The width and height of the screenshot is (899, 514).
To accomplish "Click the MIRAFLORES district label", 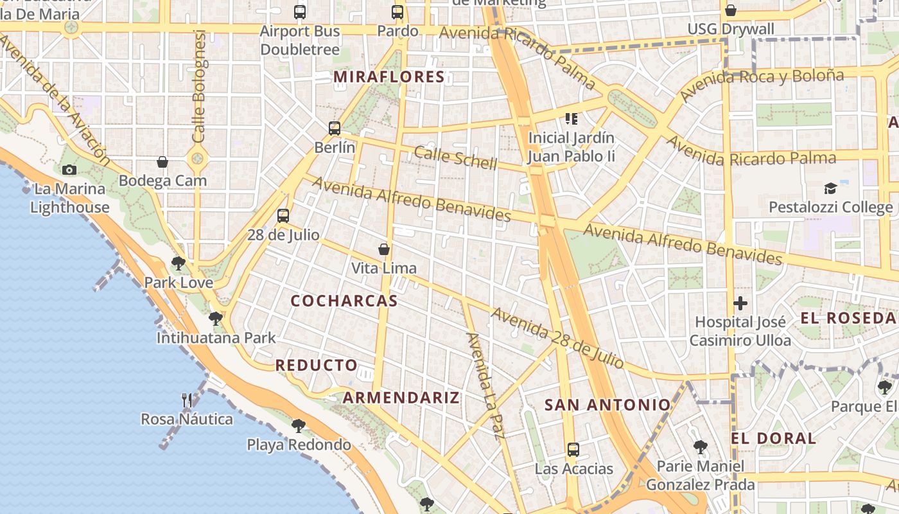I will [x=389, y=77].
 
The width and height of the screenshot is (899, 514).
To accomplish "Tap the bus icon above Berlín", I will [x=335, y=128].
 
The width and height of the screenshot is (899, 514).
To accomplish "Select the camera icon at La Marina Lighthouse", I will [x=69, y=170].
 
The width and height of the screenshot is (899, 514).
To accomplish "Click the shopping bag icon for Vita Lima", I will [x=384, y=249].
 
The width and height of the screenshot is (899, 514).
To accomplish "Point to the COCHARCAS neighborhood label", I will [x=344, y=301].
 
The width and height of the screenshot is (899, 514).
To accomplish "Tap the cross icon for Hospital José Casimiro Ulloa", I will [x=740, y=303].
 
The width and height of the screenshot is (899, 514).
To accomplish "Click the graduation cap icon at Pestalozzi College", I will [x=830, y=188].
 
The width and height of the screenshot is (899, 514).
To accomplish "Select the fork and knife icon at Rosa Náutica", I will [x=187, y=400].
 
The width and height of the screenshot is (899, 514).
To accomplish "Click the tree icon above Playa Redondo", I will [x=298, y=425].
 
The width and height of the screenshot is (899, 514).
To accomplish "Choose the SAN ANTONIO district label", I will [x=607, y=405].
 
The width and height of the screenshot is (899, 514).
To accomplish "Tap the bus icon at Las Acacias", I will [x=573, y=450].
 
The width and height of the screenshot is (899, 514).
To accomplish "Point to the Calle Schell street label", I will [x=455, y=157].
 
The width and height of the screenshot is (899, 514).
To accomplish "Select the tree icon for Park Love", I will [x=179, y=263].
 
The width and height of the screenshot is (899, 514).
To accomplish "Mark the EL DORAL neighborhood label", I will [x=773, y=438].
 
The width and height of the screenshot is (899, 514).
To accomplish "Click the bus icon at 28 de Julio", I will [x=283, y=216].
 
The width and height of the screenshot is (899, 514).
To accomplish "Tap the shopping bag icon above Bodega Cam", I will [x=162, y=161].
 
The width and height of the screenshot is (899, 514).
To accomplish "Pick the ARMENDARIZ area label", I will [x=401, y=397].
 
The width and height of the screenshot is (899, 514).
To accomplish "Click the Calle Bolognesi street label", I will [x=199, y=87].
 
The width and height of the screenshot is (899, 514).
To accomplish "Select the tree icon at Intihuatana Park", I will [x=216, y=318].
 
